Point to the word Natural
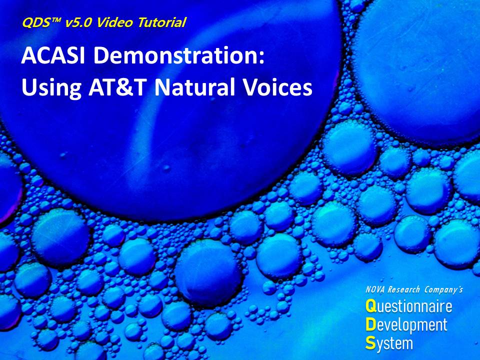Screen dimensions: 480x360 point(194,86)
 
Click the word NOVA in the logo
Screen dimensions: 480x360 point(375,289)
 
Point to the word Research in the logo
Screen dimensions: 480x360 point(403,289)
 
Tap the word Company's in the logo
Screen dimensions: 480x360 point(443,289)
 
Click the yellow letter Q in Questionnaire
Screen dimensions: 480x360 point(371,306)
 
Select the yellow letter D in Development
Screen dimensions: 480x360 point(370,324)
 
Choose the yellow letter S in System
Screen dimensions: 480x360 point(370,343)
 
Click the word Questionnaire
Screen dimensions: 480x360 point(408,306)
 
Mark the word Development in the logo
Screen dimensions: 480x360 point(406,325)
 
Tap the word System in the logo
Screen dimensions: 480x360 point(389,344)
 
